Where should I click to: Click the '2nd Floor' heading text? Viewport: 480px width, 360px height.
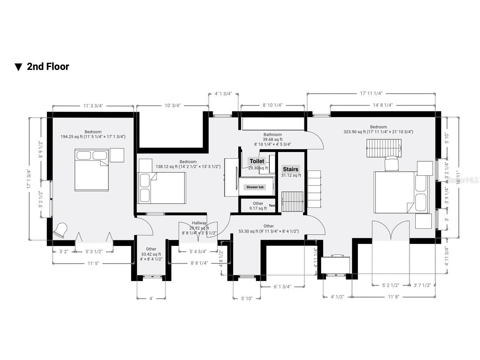48,66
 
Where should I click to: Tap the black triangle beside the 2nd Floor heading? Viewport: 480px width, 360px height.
18,67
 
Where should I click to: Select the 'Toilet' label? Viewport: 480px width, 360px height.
257,161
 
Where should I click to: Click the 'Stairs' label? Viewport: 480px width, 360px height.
291,169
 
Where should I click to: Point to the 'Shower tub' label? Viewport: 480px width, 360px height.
255,187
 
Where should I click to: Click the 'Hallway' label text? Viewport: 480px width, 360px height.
199,223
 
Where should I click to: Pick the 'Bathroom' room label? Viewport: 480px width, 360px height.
272,135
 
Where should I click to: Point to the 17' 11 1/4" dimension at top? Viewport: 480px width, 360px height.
371,93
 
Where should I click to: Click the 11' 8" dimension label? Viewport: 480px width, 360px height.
394,297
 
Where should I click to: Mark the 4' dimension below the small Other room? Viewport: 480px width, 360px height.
151,298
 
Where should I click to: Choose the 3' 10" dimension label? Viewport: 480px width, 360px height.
246,298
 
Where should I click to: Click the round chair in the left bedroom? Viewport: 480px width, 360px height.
60,230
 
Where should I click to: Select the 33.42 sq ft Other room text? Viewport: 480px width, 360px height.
151,254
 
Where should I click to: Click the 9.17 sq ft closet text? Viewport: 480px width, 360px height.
258,208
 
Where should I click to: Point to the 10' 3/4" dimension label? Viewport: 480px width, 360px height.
172,105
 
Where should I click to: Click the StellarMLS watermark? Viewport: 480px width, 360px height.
463,180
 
